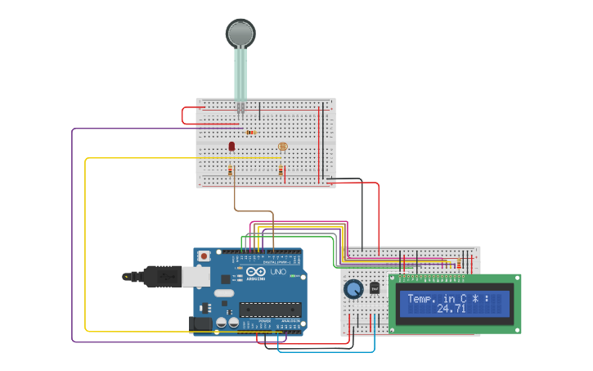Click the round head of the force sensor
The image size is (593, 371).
pos(240,34)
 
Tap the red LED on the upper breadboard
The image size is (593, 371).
pos(231,146)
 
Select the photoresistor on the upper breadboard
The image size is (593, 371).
pos(283,147)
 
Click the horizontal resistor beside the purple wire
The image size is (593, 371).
pos(249,132)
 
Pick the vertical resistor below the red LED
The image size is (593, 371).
pos(231,170)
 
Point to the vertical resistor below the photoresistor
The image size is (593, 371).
pos(281,170)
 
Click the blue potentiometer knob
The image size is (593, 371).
pos(353,289)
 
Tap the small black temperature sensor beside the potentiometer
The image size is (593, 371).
pos(375,288)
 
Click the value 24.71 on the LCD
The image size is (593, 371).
pos(451,309)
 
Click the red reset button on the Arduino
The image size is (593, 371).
pos(203,256)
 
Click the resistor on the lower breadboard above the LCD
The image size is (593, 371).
pos(458,264)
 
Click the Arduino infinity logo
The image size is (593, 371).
pos(255,273)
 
